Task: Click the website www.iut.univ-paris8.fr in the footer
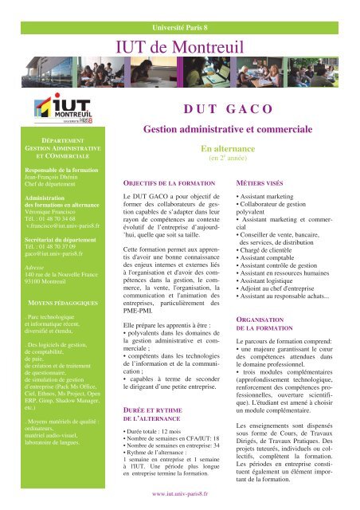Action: pyautogui.click(x=180, y=493)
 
